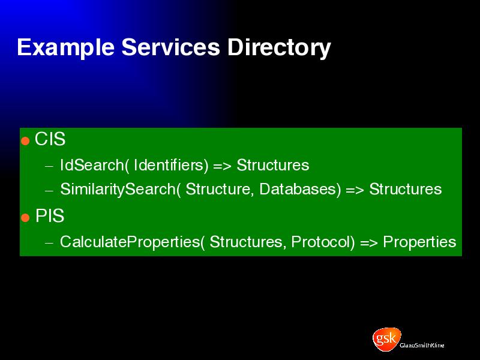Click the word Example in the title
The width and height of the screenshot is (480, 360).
(x=65, y=47)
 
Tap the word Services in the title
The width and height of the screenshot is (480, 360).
(x=170, y=47)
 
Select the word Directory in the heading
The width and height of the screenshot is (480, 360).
(x=279, y=47)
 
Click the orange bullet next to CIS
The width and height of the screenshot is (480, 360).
(x=25, y=141)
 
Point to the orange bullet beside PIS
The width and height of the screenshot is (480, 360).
(x=25, y=218)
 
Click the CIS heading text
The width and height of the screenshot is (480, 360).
(x=50, y=139)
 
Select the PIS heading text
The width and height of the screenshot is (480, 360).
(x=50, y=215)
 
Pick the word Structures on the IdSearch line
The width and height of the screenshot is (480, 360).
(x=273, y=165)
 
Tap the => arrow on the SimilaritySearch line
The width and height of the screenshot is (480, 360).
(x=355, y=190)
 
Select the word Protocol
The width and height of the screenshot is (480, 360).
(x=323, y=242)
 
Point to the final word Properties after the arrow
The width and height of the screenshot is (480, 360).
(x=419, y=242)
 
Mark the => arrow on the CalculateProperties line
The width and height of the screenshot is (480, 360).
(x=369, y=243)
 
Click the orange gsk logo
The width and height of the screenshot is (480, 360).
(x=386, y=338)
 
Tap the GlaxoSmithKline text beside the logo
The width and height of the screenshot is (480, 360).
(x=422, y=346)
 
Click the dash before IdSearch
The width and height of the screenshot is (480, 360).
(x=49, y=167)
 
